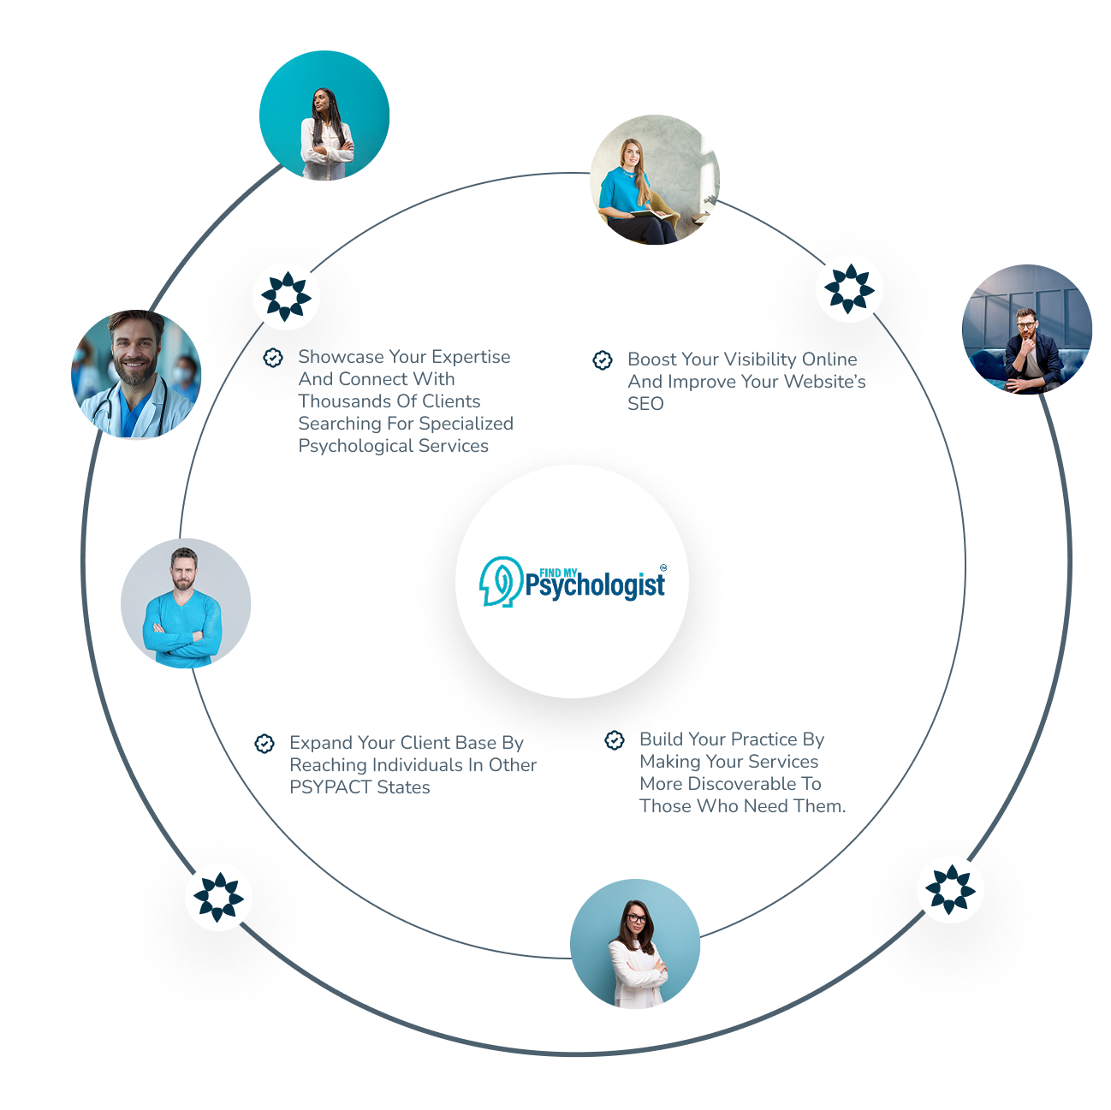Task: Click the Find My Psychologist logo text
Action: pos(596,583)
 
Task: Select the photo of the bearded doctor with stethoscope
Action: pos(136,374)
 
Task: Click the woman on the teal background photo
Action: pos(324,116)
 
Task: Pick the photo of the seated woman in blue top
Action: pos(655,180)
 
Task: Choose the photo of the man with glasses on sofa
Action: pos(1027,329)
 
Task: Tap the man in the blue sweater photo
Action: pos(186,603)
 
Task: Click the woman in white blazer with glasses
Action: pos(635,944)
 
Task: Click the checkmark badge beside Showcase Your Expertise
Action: pos(273,358)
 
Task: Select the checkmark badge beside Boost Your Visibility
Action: pos(603,359)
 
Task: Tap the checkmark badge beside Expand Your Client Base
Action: pos(264,743)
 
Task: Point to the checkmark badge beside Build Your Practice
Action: pos(615,739)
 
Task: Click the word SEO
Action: pos(645,404)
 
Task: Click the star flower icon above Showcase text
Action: pos(286,296)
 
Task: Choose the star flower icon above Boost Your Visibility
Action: pos(849,288)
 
